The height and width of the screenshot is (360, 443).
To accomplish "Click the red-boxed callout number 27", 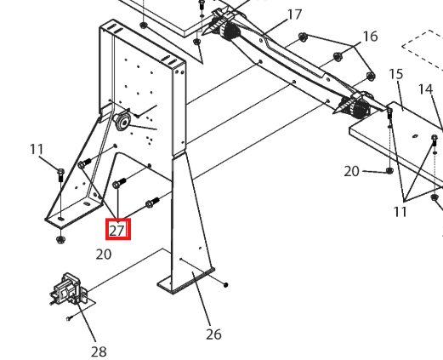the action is coord(117,231).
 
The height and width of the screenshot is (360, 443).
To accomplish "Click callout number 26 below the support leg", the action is coord(213,334).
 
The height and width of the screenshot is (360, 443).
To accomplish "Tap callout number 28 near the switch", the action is coord(99,351).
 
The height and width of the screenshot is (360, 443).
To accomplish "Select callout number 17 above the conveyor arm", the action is coord(294,14).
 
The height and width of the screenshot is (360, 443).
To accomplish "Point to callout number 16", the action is coord(370,37).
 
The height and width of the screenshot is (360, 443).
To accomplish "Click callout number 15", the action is coord(396,74).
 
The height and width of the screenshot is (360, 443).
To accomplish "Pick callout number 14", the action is coord(425,89).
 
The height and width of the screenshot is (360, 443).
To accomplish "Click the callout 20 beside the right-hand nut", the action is coord(351,172).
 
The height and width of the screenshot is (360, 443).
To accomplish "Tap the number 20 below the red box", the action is coord(104,254).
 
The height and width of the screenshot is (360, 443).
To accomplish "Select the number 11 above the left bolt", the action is coord(37,149).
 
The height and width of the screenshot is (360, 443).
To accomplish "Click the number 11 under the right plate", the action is coord(400,212).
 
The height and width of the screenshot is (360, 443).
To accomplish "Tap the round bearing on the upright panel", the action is coord(122,122).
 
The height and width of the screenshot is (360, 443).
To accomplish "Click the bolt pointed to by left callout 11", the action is coord(61,175).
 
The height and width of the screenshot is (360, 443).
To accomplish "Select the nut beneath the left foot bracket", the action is coord(60,240).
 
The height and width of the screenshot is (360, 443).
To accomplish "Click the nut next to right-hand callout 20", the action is coord(389,171).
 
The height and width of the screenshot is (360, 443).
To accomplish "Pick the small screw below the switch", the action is coord(70,318).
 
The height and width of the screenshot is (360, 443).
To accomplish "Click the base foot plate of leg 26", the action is coord(185,282).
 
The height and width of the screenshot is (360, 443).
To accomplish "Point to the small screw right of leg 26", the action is coord(226,284).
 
